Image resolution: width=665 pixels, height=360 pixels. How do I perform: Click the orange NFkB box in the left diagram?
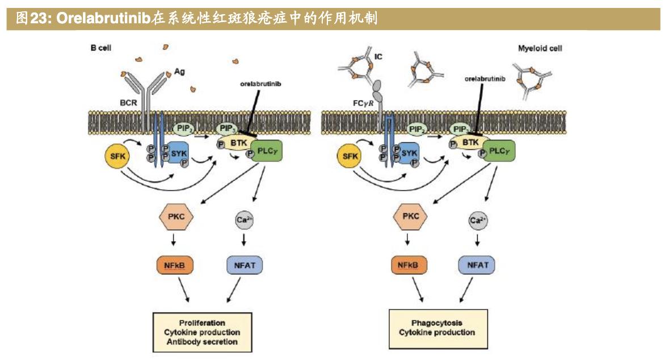172,264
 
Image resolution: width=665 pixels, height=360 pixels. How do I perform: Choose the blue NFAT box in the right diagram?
477,264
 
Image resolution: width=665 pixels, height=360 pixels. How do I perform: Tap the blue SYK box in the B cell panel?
177,152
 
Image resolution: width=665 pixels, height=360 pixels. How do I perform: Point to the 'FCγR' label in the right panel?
360,104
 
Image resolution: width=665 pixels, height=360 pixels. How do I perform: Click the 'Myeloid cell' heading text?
540,48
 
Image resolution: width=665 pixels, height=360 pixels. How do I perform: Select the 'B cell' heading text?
100,48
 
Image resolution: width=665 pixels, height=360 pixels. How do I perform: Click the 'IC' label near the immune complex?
378,57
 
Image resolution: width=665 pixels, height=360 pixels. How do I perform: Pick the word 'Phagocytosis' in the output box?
436,323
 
